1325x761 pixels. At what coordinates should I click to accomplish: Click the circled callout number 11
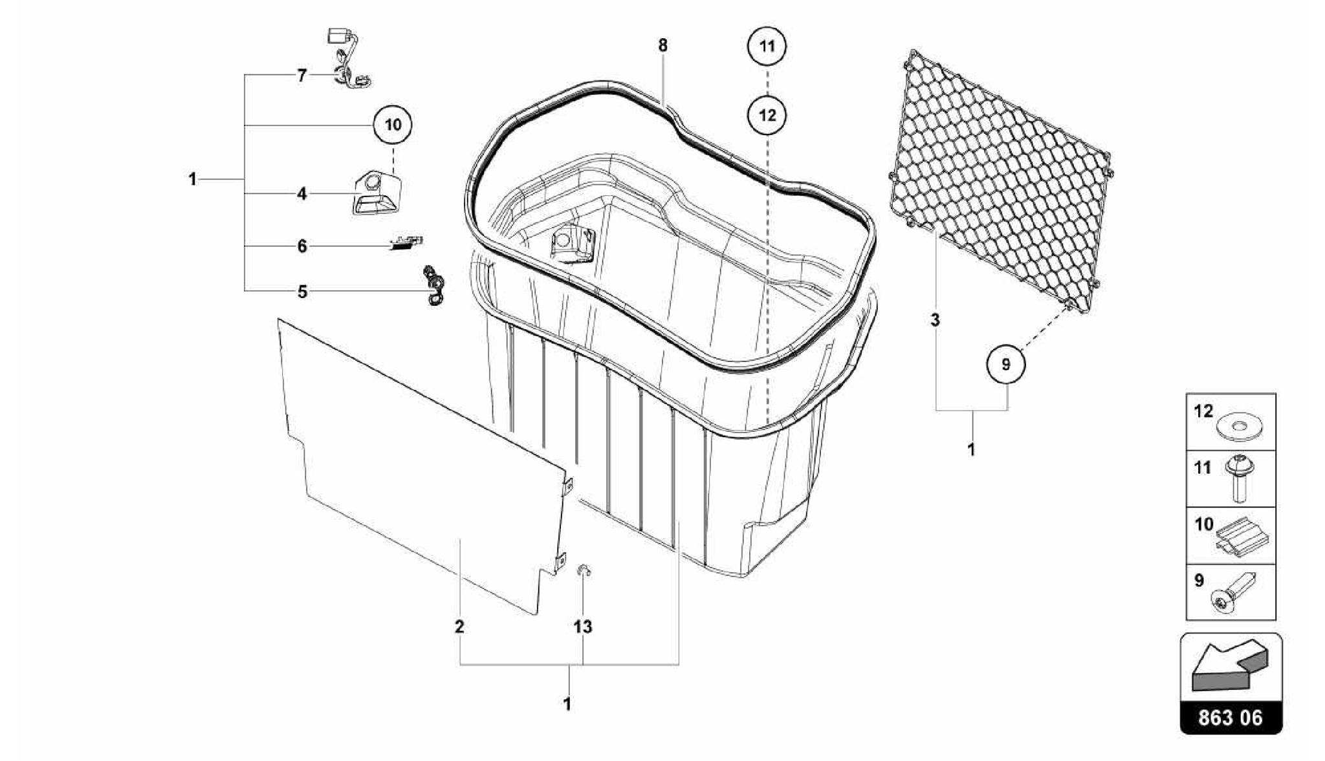point(767,47)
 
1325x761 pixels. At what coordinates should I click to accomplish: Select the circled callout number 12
point(767,116)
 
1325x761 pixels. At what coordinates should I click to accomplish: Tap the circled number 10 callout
point(393,125)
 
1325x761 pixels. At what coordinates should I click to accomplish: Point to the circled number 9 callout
point(1005,365)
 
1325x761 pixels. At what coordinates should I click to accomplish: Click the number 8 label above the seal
point(662,46)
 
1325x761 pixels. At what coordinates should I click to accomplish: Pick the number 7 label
point(301,76)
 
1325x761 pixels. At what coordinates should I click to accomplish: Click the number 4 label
point(301,193)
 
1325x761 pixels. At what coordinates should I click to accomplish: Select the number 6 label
point(301,246)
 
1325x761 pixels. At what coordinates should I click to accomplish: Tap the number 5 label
point(302,292)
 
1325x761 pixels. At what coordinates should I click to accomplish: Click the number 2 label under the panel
point(459,627)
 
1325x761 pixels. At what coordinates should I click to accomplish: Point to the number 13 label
point(582,627)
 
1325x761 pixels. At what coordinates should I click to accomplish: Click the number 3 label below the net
point(935,320)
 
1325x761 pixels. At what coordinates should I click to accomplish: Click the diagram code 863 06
point(1231,718)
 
